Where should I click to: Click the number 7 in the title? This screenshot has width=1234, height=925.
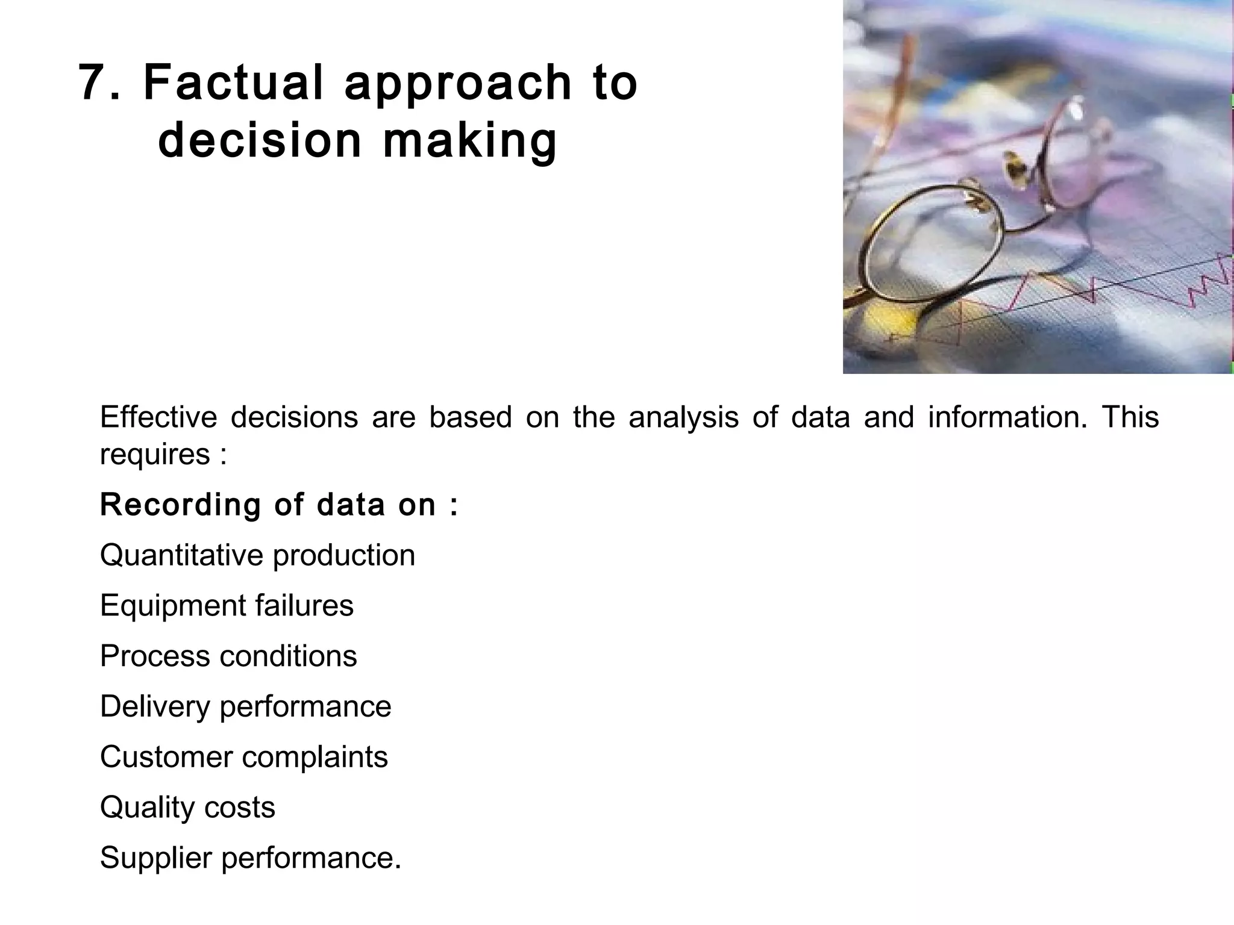pyautogui.click(x=95, y=83)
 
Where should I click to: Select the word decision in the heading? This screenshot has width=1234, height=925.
pyautogui.click(x=259, y=141)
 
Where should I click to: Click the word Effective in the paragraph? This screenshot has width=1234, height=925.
pyautogui.click(x=158, y=417)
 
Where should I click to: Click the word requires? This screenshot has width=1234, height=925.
pyautogui.click(x=155, y=454)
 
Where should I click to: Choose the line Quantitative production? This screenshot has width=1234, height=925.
pyautogui.click(x=257, y=555)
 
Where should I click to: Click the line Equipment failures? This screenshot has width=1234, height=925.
pyautogui.click(x=227, y=605)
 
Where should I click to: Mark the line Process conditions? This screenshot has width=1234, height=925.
pyautogui.click(x=228, y=656)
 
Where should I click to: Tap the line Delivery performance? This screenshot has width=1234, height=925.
pyautogui.click(x=245, y=706)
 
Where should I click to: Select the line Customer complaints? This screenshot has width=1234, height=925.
pyautogui.click(x=243, y=757)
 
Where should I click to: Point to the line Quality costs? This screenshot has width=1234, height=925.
pyautogui.click(x=187, y=808)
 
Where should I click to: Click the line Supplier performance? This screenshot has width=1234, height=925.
pyautogui.click(x=250, y=858)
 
